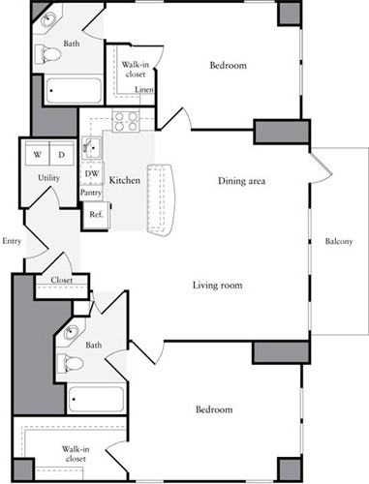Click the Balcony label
coord(338,241)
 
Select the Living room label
coord(216,285)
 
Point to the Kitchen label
coord(125,181)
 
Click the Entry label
coord(12,241)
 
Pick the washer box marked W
coord(38,154)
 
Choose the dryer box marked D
coord(59,154)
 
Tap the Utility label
coord(48,179)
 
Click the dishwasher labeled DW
coord(91,174)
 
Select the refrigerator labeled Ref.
coord(95,215)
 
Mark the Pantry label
coord(91,193)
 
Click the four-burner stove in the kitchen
coord(126,121)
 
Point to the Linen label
coord(143,90)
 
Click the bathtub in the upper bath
coord(73,90)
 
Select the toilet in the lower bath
coord(72,364)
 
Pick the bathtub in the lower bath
coord(96,399)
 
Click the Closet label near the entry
coord(48,282)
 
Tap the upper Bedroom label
coord(228,66)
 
